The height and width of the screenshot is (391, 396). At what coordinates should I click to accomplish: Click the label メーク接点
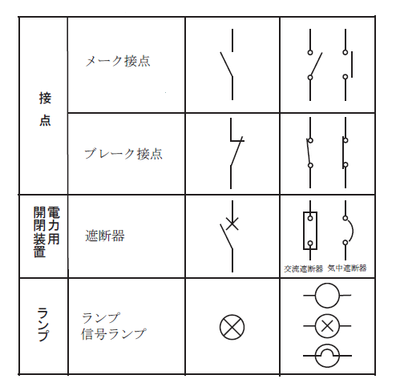point(118,61)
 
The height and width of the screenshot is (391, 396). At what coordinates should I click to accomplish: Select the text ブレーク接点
point(123,154)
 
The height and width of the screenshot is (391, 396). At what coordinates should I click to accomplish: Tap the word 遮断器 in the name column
point(105,236)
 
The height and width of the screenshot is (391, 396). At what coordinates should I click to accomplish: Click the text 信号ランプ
point(114,334)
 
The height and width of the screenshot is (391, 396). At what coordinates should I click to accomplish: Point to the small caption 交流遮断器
point(303,268)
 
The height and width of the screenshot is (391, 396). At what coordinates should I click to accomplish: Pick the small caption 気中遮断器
point(347,268)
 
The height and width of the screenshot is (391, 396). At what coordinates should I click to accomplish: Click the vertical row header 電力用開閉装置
point(46,232)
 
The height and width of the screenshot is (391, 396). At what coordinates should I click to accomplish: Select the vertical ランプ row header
point(42,324)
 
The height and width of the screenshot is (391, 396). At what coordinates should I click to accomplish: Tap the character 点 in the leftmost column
point(45,120)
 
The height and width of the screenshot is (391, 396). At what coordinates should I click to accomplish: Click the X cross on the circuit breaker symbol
point(232,224)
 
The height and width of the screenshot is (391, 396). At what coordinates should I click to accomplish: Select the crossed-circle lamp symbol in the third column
point(232,327)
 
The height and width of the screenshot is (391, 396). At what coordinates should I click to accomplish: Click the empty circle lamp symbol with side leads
point(327,296)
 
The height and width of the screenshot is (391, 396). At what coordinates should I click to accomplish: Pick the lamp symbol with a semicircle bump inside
point(327,356)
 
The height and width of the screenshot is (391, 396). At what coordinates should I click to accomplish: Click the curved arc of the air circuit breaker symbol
point(353,230)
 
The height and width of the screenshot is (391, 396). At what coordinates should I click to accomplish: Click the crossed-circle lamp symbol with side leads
point(327,326)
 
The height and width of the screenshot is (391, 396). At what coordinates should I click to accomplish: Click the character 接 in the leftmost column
point(45,98)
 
